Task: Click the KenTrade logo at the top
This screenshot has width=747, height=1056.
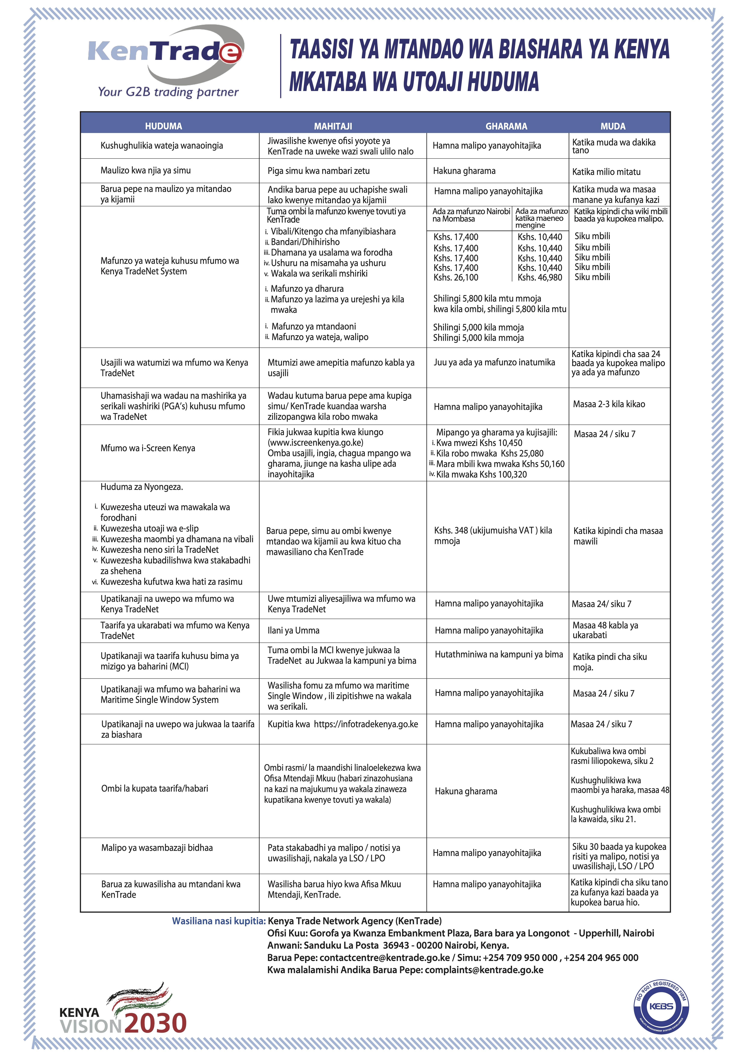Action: pos(166,60)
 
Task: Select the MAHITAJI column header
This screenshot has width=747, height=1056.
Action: pos(333,126)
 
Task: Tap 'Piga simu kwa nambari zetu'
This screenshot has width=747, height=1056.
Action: pos(318,171)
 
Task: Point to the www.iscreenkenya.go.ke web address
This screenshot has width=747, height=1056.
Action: pos(316,442)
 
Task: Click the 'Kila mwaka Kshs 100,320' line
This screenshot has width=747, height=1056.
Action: pos(481,474)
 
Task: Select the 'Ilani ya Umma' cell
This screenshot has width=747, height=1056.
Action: pos(293,630)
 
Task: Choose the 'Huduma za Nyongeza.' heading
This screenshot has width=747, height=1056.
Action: pos(142,487)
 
